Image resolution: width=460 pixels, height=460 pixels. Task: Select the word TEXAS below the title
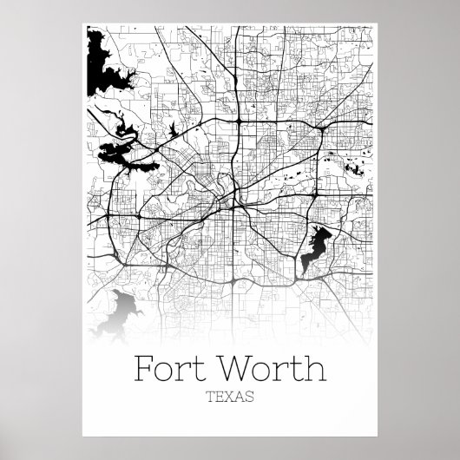click(229, 399)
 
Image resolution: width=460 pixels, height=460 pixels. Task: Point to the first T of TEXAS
click(214, 399)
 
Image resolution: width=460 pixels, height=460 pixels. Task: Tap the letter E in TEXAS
click(221, 399)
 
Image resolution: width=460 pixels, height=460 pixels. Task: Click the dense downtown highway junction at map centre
click(227, 201)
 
